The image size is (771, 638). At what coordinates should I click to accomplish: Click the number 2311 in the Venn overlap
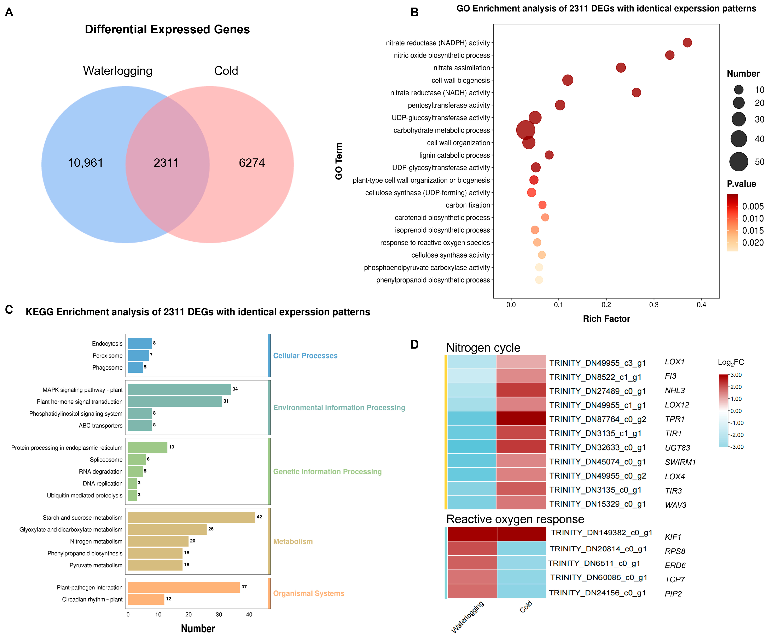[x=166, y=163]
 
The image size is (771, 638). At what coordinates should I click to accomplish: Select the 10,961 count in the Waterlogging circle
[x=85, y=163]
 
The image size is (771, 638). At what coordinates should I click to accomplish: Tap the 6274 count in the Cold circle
[x=252, y=163]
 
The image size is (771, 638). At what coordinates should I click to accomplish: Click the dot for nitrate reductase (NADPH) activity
[x=687, y=43]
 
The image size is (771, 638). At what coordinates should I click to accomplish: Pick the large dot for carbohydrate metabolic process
[x=525, y=130]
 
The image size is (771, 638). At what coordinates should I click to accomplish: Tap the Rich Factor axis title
[x=606, y=319]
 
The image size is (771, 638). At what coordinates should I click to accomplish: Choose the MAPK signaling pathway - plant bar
[x=179, y=389]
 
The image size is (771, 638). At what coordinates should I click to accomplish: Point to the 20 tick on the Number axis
[x=188, y=614]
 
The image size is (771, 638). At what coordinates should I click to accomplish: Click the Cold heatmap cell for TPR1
[x=521, y=418]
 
